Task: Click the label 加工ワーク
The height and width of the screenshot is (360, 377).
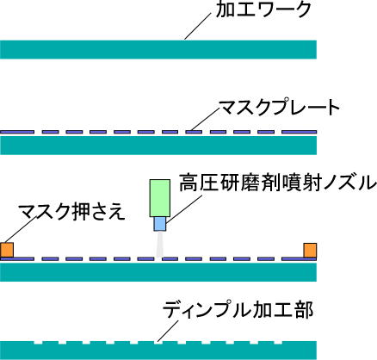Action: (263, 9)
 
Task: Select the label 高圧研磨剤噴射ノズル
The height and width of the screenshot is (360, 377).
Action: (278, 183)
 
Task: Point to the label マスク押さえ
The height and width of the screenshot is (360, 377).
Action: (71, 212)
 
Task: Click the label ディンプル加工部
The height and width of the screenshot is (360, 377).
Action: (238, 310)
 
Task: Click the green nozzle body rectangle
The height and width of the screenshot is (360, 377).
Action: (160, 198)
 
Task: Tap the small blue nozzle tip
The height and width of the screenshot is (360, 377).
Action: (160, 224)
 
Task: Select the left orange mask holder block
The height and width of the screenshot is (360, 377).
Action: (7, 250)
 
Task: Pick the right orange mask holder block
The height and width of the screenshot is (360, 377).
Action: (310, 250)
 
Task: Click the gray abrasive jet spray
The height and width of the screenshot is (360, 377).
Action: (160, 244)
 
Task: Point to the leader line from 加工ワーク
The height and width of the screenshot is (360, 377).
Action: (198, 26)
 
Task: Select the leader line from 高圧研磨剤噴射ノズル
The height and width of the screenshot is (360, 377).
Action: (184, 208)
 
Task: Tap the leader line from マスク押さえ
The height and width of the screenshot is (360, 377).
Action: (20, 230)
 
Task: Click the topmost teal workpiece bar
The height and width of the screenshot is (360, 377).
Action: (158, 50)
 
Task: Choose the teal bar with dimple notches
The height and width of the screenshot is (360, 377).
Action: (158, 351)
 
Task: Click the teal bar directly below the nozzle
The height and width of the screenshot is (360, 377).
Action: (158, 272)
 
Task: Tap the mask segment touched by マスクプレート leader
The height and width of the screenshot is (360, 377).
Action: (194, 132)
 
